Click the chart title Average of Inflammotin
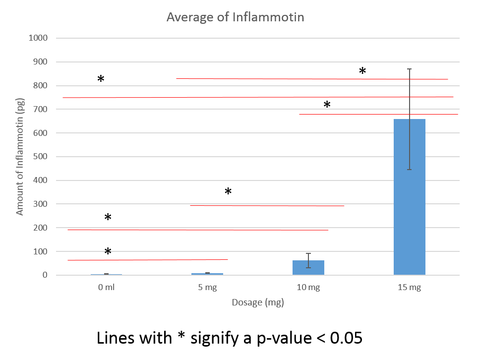tap(235, 17)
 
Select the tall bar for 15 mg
tap(409, 198)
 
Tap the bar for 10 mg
tap(308, 268)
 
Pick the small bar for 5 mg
tap(207, 274)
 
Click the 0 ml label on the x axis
tap(106, 287)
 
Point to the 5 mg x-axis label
tap(207, 287)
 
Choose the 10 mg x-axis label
tap(308, 287)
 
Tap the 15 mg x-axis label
tap(409, 287)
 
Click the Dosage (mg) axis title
tap(258, 302)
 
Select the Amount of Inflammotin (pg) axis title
tap(20, 157)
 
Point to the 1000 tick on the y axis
tap(38, 38)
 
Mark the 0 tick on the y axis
tap(45, 275)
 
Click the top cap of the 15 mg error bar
tap(409, 69)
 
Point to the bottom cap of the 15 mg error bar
tap(409, 170)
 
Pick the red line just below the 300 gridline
tap(268, 205)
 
